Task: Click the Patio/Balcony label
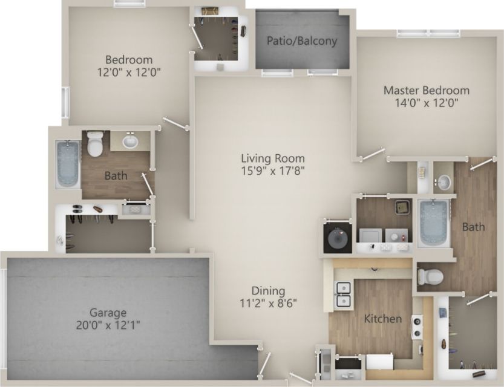(302, 42)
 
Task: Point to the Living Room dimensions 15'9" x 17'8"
(272, 171)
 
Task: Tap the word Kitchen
(383, 319)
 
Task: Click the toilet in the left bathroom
(95, 144)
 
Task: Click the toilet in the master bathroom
(430, 277)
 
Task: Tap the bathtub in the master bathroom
(434, 223)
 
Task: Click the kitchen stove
(417, 326)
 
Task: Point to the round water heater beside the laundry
(337, 239)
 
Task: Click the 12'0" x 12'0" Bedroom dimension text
(129, 72)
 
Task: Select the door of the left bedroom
(176, 125)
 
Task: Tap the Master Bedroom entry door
(373, 154)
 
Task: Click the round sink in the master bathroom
(444, 181)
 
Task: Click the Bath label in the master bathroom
(473, 227)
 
